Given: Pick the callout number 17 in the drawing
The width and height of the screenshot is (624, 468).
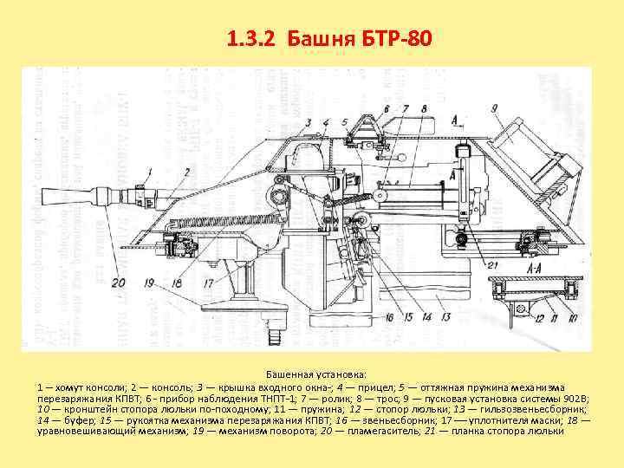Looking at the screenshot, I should [x=209, y=283].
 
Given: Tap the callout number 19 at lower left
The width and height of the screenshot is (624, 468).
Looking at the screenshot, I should [x=150, y=283].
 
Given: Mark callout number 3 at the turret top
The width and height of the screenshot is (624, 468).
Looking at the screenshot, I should [x=309, y=122].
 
